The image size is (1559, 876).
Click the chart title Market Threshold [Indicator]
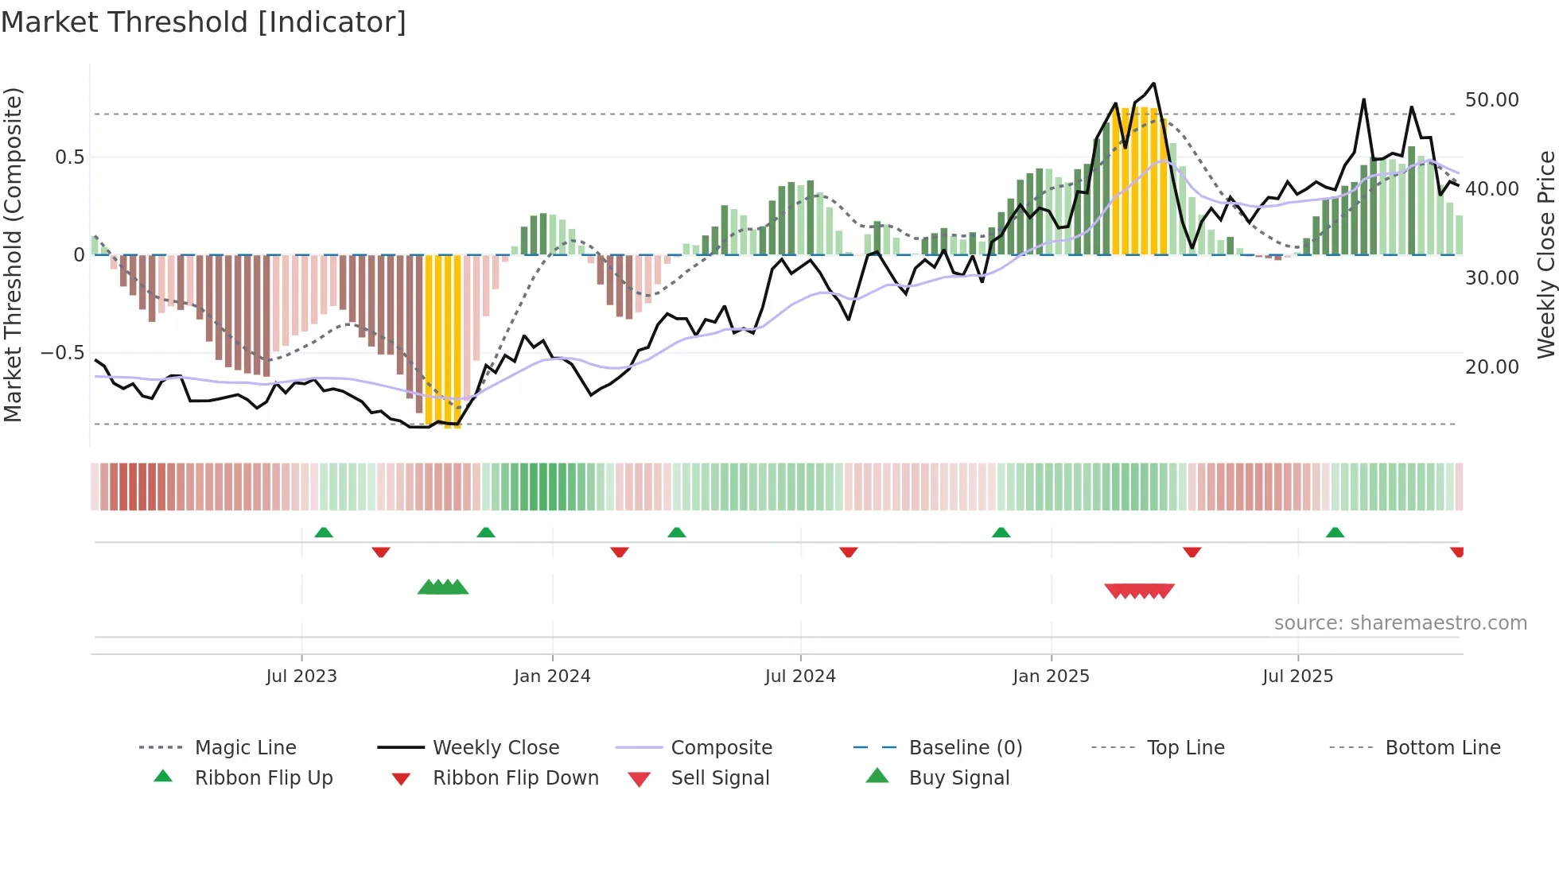click(204, 22)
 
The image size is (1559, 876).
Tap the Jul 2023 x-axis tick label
click(301, 676)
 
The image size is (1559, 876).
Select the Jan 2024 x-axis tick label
click(552, 676)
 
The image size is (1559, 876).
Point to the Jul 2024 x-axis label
click(800, 676)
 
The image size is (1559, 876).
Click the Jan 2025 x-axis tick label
click(1051, 676)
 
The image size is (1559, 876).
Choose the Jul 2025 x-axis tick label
click(1297, 676)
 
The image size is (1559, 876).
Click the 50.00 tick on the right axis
click(1491, 100)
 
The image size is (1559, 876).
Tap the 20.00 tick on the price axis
click(1491, 367)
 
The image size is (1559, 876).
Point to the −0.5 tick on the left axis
click(62, 353)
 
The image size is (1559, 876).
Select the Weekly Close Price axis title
click(1545, 254)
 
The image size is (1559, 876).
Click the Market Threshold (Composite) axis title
click(13, 254)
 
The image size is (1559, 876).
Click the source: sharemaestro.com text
click(1400, 623)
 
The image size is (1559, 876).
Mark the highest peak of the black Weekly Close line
click(1153, 83)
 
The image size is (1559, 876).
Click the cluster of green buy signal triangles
click(443, 587)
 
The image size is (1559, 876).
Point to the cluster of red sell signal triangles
click(1139, 591)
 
